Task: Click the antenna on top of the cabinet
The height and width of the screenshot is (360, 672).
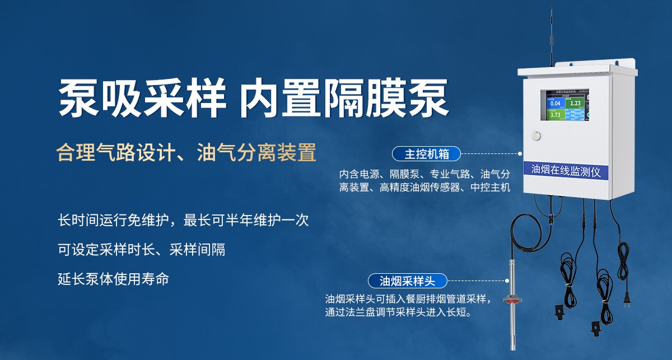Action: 552,39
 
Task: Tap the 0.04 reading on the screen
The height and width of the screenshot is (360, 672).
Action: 555,104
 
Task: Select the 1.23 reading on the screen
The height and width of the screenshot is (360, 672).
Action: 575,103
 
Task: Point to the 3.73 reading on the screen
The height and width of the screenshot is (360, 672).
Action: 555,115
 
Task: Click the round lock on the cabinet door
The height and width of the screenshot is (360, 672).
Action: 536,136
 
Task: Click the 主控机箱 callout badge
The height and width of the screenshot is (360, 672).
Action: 425,153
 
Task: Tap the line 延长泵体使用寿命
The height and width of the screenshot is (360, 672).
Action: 113,278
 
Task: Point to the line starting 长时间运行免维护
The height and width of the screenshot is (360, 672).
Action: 183,220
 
